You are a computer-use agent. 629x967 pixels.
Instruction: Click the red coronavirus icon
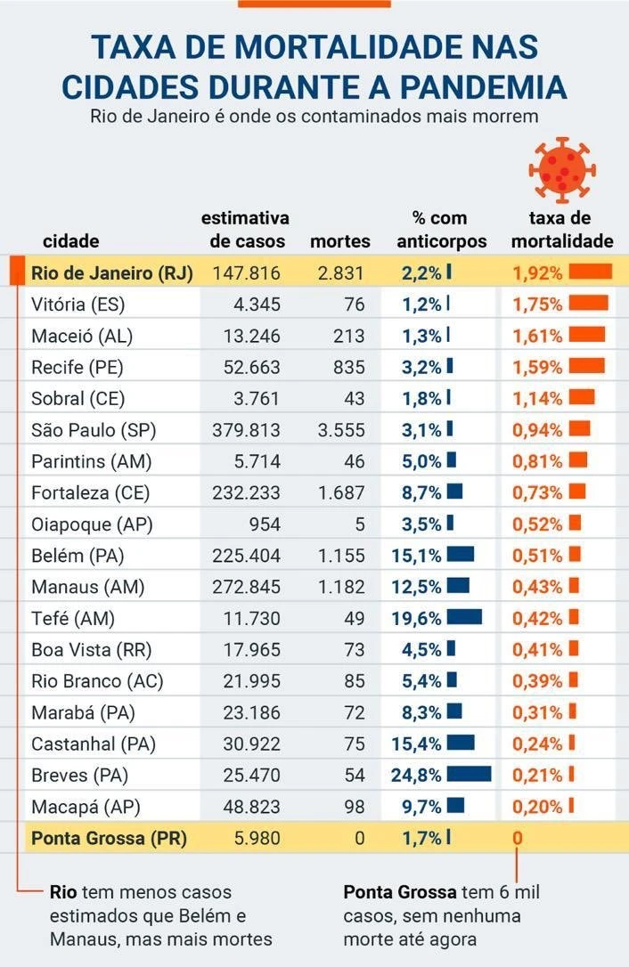click(560, 170)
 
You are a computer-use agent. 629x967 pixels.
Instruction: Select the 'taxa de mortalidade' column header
click(561, 230)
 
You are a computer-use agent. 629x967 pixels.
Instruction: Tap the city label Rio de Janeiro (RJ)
click(111, 273)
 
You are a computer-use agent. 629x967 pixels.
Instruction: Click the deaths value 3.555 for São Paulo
click(341, 430)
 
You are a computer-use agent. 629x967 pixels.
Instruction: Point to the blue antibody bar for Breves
click(469, 775)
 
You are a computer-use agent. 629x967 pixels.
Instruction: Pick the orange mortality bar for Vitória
click(588, 304)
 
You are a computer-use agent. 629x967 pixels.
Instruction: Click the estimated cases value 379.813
click(246, 430)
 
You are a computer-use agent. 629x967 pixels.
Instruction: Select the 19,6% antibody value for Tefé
click(416, 618)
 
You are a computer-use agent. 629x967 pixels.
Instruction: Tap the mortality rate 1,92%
click(537, 273)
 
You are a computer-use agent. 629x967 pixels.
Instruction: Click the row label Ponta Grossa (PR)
click(109, 838)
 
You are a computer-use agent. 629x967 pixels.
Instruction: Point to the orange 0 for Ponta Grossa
click(517, 838)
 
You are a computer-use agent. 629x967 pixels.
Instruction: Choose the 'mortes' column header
click(339, 241)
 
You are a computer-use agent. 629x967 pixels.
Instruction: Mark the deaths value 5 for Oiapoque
click(360, 524)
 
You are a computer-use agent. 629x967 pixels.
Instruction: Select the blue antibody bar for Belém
click(460, 555)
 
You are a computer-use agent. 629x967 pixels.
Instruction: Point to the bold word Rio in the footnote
click(62, 892)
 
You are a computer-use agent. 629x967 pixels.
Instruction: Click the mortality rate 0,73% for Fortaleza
click(537, 492)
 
